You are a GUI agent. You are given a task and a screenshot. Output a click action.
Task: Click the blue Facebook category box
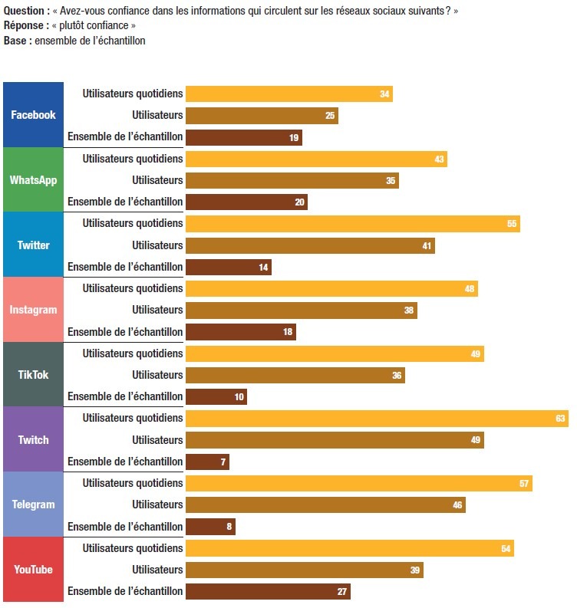[x=33, y=115]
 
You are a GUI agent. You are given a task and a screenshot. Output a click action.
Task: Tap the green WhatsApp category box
[x=33, y=180]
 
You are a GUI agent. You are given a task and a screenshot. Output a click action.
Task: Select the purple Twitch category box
[x=33, y=440]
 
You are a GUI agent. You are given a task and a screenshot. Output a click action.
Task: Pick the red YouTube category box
[x=33, y=570]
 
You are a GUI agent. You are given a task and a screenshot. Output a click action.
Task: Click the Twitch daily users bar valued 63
[x=376, y=419]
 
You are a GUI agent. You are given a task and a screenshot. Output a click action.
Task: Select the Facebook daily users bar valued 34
[x=288, y=94]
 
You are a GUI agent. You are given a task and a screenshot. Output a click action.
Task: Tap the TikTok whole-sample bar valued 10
[x=216, y=397]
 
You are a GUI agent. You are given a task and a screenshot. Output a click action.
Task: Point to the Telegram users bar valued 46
[x=325, y=505]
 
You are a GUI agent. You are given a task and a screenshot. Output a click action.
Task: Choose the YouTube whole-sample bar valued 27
[x=268, y=592]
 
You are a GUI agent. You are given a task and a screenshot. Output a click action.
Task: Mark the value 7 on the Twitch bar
[x=223, y=462]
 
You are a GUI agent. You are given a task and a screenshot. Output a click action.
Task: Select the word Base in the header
[x=16, y=41]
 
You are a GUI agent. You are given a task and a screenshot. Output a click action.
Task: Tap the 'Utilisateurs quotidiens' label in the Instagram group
[x=133, y=288]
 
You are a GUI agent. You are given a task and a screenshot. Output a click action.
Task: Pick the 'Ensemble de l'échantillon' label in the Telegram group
[x=125, y=527]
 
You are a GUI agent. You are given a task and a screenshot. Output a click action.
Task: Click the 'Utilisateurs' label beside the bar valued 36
[x=157, y=375]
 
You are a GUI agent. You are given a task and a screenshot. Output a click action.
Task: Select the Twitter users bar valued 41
[x=310, y=246]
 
